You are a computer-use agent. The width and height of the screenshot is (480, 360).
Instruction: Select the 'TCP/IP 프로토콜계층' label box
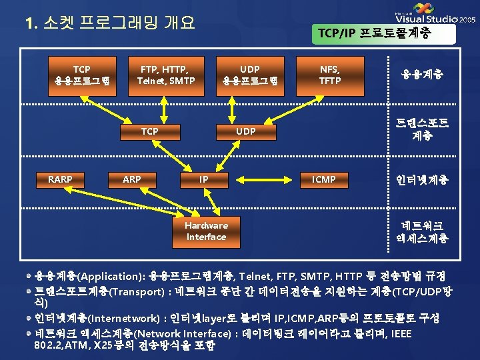point(383,33)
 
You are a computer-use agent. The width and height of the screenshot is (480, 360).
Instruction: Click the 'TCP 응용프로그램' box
point(82,75)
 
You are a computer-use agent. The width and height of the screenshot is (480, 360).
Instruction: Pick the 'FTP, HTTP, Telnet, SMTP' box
point(166,75)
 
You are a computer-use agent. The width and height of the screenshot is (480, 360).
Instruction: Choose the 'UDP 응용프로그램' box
point(250,75)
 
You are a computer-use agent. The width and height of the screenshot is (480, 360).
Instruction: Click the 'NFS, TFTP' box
point(329,75)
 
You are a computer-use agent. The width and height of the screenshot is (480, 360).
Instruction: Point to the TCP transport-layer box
point(149,131)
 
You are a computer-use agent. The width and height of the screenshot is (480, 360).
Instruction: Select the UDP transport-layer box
point(246,131)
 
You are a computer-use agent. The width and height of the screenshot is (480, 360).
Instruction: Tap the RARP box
point(60,179)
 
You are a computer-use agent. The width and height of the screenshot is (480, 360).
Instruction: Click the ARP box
point(131,179)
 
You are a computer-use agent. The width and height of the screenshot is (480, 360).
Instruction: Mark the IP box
point(204,179)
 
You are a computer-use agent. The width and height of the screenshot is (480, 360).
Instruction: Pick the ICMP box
point(324,179)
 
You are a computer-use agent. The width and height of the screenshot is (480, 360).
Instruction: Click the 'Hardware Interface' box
point(206,231)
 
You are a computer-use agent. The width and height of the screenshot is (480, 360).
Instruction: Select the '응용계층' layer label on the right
point(423,75)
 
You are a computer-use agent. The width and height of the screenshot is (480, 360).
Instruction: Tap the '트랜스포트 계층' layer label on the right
point(423,129)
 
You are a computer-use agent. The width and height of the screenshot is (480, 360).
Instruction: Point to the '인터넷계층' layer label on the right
point(423,180)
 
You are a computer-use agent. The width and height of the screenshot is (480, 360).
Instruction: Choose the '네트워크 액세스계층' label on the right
point(423,231)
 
